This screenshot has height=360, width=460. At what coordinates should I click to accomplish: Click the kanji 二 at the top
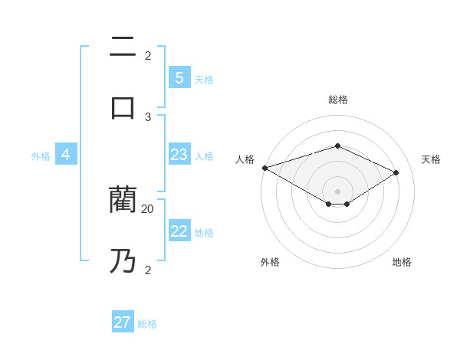[123, 47]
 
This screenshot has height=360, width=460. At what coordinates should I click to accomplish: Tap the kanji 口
[123, 107]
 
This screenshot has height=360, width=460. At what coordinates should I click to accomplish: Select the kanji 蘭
[123, 200]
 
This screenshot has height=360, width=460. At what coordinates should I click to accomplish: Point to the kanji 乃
[123, 260]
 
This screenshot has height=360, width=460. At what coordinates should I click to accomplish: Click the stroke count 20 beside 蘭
[148, 208]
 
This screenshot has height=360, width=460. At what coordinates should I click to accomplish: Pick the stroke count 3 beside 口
[148, 116]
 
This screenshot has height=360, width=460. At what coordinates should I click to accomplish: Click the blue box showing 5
[179, 78]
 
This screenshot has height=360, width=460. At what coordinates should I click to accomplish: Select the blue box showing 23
[179, 155]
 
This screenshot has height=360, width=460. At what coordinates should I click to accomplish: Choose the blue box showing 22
[179, 231]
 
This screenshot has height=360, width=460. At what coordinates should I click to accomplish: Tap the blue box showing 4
[66, 155]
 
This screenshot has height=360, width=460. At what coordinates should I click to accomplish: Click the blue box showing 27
[123, 322]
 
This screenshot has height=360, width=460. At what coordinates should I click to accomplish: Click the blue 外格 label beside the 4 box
[41, 155]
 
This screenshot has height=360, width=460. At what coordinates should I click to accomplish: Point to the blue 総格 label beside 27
[147, 323]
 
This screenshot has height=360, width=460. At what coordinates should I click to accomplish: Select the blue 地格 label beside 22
[204, 232]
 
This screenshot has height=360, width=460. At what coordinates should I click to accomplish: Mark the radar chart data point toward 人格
[264, 168]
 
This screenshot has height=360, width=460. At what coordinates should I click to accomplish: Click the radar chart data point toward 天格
[396, 172]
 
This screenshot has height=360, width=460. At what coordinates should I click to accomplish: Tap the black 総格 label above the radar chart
[337, 100]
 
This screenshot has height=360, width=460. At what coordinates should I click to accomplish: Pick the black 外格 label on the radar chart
[270, 262]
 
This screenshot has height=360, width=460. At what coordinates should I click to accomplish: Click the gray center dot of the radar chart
[337, 191]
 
